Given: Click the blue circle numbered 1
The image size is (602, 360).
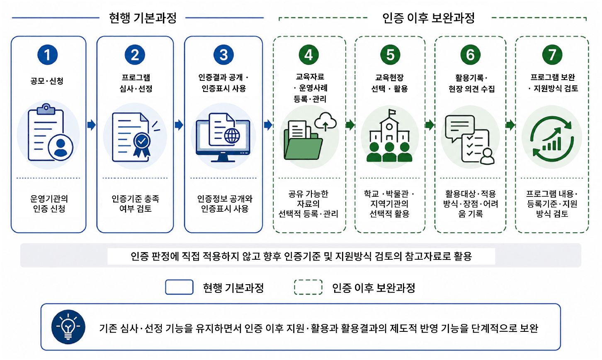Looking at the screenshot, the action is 48,55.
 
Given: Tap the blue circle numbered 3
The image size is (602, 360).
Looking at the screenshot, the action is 223,55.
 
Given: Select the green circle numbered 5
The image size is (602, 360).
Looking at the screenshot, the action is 390,55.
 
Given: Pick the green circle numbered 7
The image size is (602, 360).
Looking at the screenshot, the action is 552,55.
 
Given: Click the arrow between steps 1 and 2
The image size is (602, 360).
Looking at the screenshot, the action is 92,125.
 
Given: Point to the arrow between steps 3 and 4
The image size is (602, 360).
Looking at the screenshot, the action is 268,125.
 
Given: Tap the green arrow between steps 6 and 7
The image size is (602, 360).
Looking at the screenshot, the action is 510,125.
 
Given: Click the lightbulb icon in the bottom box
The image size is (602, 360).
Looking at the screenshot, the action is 68,327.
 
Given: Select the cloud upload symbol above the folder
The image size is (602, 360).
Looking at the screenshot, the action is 325,122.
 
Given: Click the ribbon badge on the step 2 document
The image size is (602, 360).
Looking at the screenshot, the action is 142,145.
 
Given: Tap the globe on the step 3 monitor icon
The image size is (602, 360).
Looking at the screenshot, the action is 232,136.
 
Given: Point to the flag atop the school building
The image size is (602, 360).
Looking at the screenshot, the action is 392,113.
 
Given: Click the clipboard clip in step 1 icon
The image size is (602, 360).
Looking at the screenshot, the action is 46,109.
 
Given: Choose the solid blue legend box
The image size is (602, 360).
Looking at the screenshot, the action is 179,287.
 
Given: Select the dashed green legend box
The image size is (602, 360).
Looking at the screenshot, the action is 308,287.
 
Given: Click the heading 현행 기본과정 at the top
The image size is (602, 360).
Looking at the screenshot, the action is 143,18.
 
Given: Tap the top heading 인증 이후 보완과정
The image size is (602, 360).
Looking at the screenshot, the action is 429,18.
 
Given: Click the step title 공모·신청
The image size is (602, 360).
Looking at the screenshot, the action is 47,81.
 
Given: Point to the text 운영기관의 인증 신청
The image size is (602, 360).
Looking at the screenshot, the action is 49,204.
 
